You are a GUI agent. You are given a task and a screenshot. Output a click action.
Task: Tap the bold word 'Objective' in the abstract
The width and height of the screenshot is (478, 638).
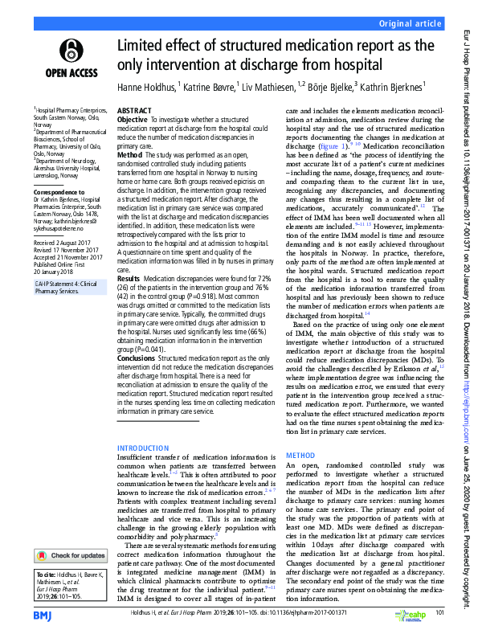(133, 119)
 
